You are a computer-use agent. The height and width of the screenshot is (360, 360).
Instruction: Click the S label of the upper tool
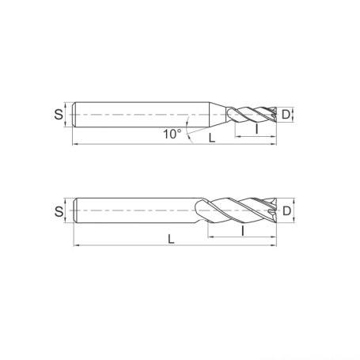pyautogui.click(x=59, y=115)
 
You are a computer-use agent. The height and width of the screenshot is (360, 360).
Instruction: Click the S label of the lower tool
pyautogui.click(x=59, y=211)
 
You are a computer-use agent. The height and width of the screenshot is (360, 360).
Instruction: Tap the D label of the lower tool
pyautogui.click(x=288, y=211)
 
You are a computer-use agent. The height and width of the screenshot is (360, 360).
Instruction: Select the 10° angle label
pyautogui.click(x=172, y=135)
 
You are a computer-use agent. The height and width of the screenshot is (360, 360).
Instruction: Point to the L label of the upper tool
pyautogui.click(x=211, y=138)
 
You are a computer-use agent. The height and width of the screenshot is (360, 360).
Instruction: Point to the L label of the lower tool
pyautogui.click(x=172, y=237)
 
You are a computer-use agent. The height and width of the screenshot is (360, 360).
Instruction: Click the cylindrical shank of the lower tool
pyautogui.click(x=135, y=211)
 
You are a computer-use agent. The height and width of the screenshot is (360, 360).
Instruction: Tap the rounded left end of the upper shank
pyautogui.click(x=74, y=116)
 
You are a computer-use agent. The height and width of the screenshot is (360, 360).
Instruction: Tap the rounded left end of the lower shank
pyautogui.click(x=74, y=211)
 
